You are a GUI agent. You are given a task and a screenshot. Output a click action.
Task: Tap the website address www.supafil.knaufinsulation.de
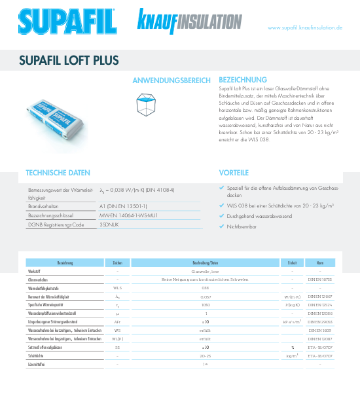pyautogui.click(x=305, y=28)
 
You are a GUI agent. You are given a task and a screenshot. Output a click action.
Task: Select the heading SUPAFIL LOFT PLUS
pyautogui.click(x=69, y=60)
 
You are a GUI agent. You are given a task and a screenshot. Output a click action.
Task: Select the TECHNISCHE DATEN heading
pyautogui.click(x=57, y=173)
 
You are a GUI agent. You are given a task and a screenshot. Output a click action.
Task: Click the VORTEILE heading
pyautogui.click(x=234, y=173)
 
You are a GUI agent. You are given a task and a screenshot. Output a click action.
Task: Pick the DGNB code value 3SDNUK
pyautogui.click(x=109, y=224)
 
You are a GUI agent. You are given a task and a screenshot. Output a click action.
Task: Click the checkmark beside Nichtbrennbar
pyautogui.click(x=222, y=225)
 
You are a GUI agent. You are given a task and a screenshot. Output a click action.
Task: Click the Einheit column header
pyautogui.click(x=288, y=262)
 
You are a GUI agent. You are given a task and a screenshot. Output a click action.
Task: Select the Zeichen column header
pyautogui.click(x=118, y=262)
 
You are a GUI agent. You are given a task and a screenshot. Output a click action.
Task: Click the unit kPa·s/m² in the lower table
pyautogui.click(x=291, y=322)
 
